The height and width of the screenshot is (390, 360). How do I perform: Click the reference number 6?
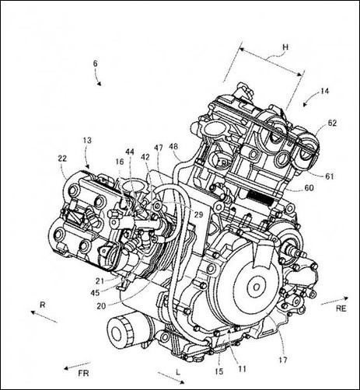coord(96,64)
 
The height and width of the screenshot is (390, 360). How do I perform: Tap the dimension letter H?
coord(285,47)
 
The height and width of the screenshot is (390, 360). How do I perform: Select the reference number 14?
coord(324,91)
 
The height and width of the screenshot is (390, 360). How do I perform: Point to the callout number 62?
coord(332,123)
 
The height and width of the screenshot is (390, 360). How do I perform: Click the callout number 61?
coord(330,176)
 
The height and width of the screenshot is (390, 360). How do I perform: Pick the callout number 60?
coord(309,188)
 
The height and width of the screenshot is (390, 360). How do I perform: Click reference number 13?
coord(87,141)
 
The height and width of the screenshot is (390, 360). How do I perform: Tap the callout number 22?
coord(62,158)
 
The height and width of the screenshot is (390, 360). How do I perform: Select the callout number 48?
coord(173,147)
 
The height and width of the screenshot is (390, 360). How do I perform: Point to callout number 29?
coord(198,214)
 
